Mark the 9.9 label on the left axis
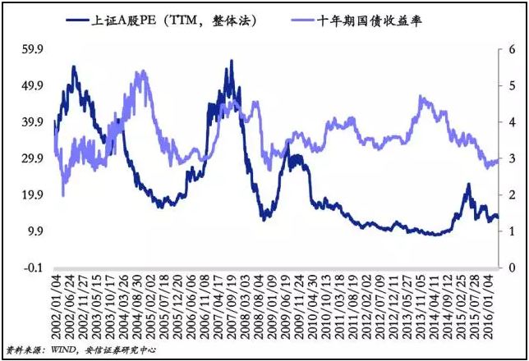click(x=34, y=231)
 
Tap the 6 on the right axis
click(x=512, y=49)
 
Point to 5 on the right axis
click(x=512, y=85)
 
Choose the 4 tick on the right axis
click(x=512, y=122)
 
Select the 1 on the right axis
click(x=512, y=231)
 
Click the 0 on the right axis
click(x=512, y=267)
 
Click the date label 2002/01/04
click(x=55, y=304)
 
